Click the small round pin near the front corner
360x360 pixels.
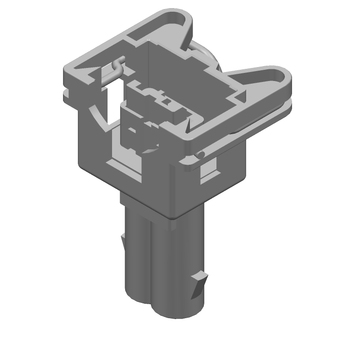point(199,156)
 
